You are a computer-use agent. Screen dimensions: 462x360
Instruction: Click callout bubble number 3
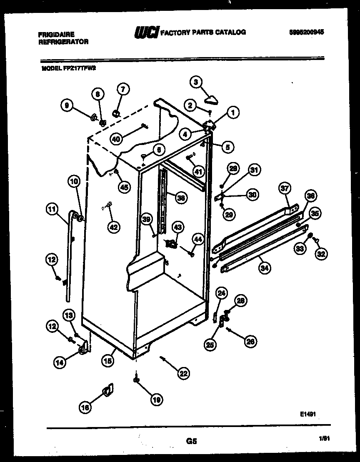(195, 82)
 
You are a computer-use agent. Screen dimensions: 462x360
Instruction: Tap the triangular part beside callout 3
(212, 99)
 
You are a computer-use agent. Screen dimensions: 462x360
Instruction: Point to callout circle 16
(85, 408)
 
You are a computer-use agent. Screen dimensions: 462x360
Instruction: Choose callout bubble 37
(284, 189)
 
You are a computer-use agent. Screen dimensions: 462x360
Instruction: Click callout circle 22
(182, 374)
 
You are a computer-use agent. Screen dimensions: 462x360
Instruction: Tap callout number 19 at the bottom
(156, 400)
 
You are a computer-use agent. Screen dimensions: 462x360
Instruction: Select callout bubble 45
(123, 187)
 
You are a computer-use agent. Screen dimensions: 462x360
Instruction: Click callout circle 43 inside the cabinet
(177, 227)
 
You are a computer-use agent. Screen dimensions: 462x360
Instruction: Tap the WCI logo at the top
(145, 32)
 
